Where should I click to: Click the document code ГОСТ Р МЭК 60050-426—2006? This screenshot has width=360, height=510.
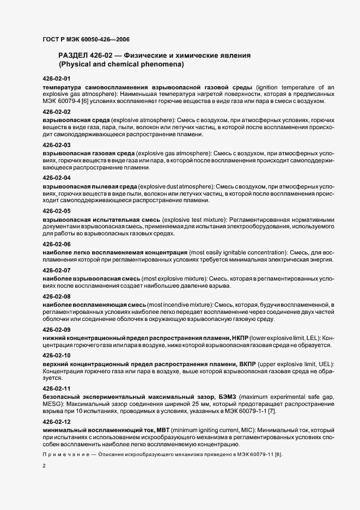86,40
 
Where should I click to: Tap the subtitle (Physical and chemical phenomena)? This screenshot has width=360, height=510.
121,64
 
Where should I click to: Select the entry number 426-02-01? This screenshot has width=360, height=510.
57,79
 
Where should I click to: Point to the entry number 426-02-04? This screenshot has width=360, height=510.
57,178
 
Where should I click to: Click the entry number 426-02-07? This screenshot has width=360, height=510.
57,270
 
